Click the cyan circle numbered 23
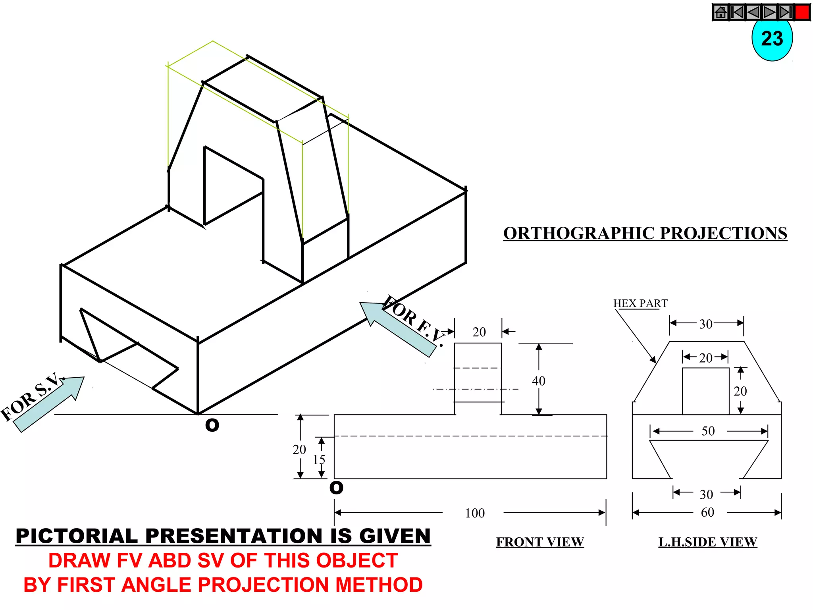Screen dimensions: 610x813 click(x=772, y=40)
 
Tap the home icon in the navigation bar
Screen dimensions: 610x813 click(x=721, y=12)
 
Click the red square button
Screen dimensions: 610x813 click(x=802, y=12)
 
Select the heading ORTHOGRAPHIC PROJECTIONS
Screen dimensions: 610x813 click(x=645, y=234)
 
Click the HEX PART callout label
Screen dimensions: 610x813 click(x=640, y=303)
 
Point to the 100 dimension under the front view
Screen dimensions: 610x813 click(x=475, y=513)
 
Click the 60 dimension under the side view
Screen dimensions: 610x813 click(x=707, y=512)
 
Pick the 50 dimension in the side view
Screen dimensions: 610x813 click(x=708, y=431)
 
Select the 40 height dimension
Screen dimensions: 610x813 click(x=539, y=381)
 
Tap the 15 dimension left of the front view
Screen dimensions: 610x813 click(x=319, y=459)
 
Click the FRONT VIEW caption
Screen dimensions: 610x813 click(x=540, y=542)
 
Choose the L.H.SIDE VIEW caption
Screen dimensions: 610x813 click(x=707, y=542)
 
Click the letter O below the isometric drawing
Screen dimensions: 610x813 click(x=212, y=425)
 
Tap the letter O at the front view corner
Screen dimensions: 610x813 click(x=336, y=488)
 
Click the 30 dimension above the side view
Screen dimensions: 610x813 click(x=705, y=324)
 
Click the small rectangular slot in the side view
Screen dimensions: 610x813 click(x=705, y=391)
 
